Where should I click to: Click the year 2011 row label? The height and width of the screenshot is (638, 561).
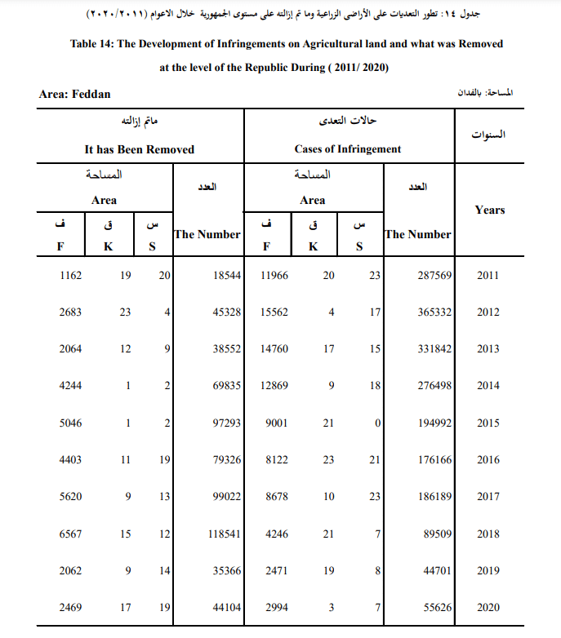[488, 276]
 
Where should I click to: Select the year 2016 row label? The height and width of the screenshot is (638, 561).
[488, 460]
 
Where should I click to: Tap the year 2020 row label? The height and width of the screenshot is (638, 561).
[488, 608]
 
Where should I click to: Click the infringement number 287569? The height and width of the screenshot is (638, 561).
[434, 276]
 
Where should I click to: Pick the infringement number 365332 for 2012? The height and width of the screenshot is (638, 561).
[434, 312]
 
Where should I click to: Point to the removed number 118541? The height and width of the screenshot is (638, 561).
[222, 534]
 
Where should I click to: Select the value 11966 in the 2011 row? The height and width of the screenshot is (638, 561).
[274, 276]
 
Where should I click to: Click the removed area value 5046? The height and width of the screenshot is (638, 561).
[71, 423]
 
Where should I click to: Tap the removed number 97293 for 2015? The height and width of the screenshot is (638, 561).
[225, 423]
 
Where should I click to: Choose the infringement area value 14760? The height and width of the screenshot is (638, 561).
[274, 349]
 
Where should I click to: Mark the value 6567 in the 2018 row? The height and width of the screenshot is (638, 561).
[71, 534]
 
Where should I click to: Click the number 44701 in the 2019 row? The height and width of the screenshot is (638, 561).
[436, 571]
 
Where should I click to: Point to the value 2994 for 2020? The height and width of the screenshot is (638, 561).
[277, 608]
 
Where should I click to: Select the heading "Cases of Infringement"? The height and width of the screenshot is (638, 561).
[348, 149]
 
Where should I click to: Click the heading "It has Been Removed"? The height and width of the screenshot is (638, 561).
[140, 149]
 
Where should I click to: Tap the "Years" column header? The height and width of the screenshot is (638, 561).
[490, 210]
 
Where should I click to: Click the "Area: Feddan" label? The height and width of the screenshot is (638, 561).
[75, 95]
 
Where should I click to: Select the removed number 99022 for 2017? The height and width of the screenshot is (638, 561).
[225, 497]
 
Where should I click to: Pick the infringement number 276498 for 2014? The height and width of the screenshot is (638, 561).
[434, 386]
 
